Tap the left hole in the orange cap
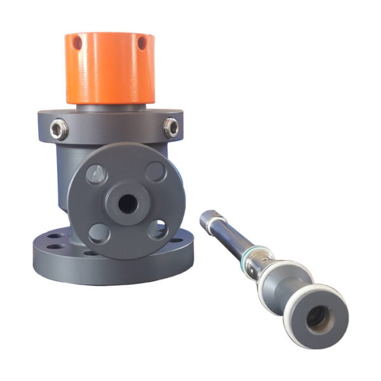click(x=77, y=43)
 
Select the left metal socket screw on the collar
click(x=59, y=130)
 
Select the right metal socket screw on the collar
click(x=171, y=127)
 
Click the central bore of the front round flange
click(x=127, y=204)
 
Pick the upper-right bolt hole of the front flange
click(x=155, y=171)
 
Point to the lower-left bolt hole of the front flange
click(x=98, y=232)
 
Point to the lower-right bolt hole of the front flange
click(x=157, y=229)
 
